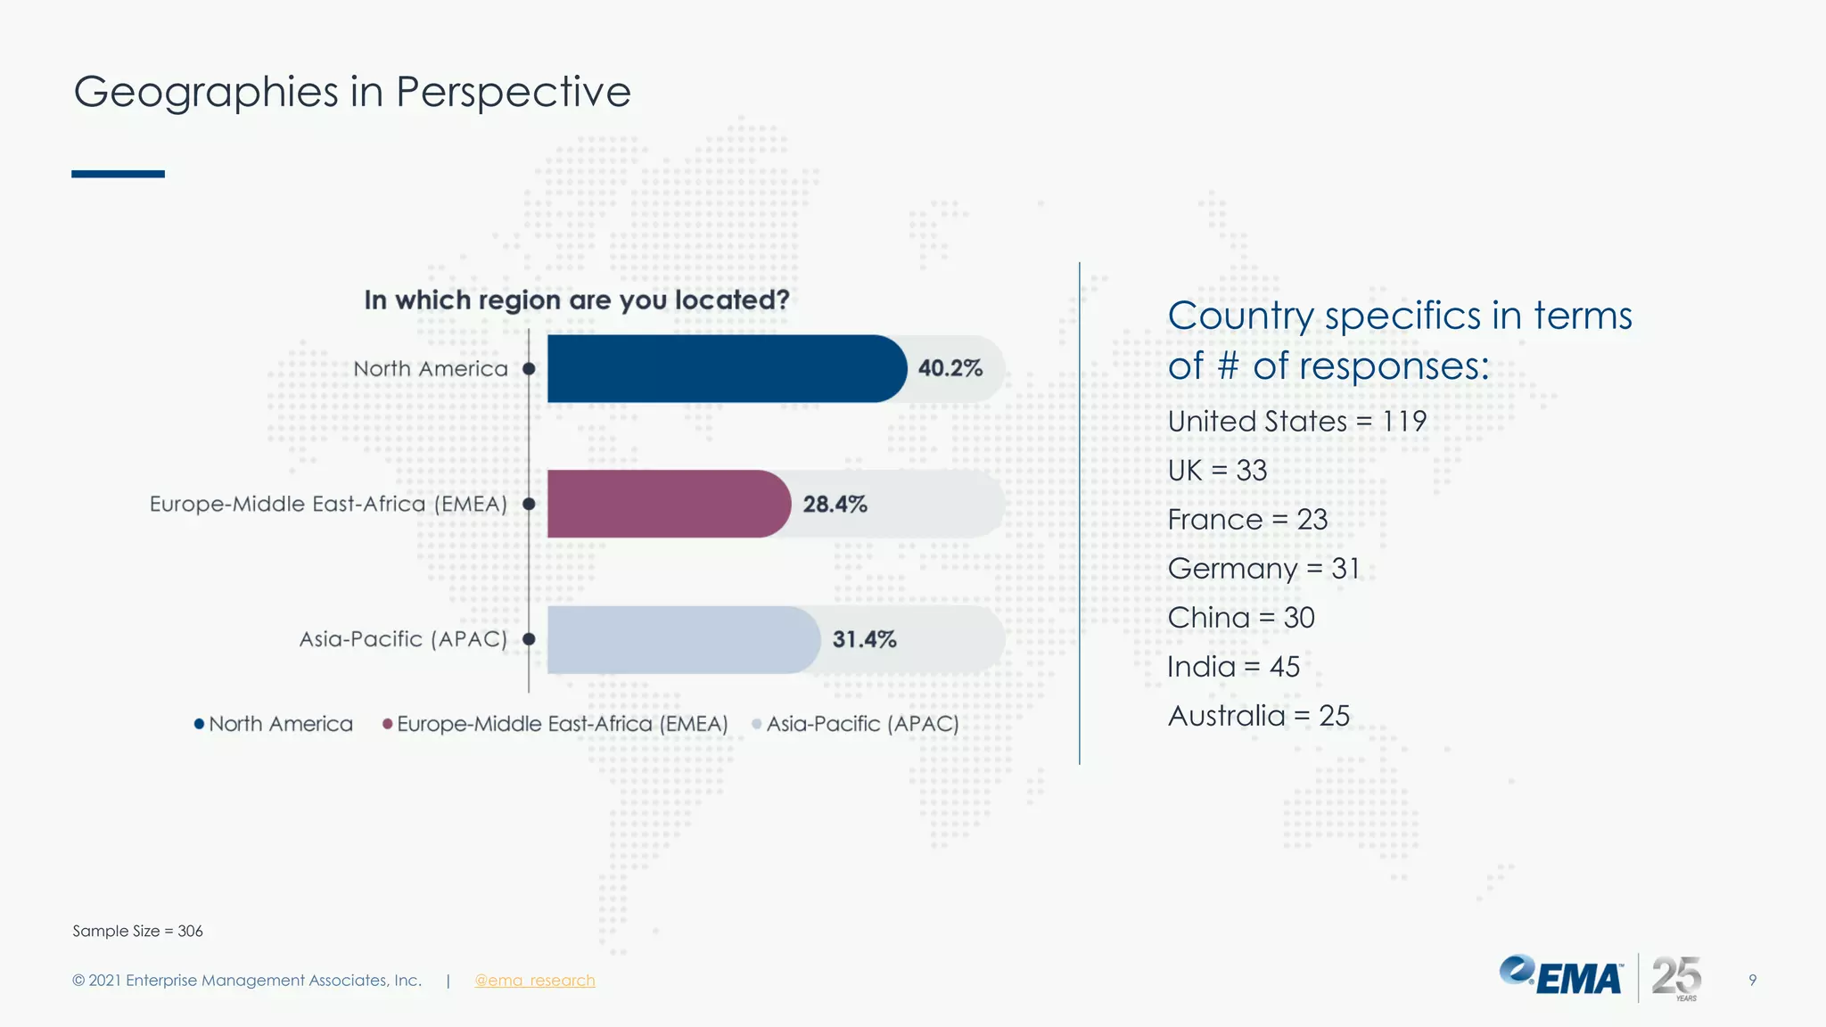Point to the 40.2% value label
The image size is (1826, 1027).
point(950,368)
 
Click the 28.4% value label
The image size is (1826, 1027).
point(835,505)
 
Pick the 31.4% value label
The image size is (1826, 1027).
point(864,639)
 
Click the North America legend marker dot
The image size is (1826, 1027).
point(199,724)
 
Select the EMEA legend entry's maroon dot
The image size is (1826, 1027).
point(387,724)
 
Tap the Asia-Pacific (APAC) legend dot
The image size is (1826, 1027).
point(757,724)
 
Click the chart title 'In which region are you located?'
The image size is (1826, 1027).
point(576,300)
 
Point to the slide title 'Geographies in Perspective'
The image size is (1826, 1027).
point(352,92)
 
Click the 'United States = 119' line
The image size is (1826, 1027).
point(1296,421)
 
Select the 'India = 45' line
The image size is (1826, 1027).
point(1233,666)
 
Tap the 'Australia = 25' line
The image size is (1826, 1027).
point(1258,715)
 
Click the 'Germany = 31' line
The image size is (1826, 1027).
point(1263,568)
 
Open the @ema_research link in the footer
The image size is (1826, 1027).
point(534,981)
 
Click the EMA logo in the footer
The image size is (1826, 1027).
point(1560,976)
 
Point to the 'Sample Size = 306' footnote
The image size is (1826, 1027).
point(137,931)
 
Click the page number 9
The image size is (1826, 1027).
point(1752,980)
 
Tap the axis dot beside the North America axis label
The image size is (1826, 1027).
point(529,368)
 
